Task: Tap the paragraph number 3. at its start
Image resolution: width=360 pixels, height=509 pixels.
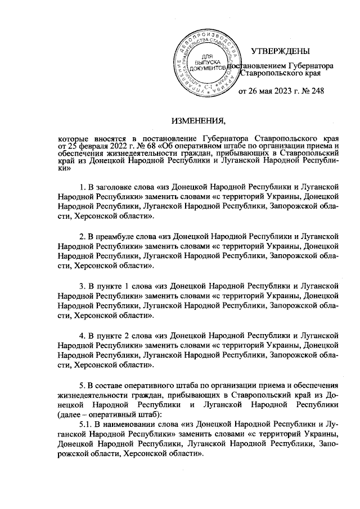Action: [82, 286]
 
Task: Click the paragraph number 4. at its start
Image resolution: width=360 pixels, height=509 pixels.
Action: [82, 336]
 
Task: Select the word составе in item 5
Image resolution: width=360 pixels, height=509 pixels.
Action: [113, 385]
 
